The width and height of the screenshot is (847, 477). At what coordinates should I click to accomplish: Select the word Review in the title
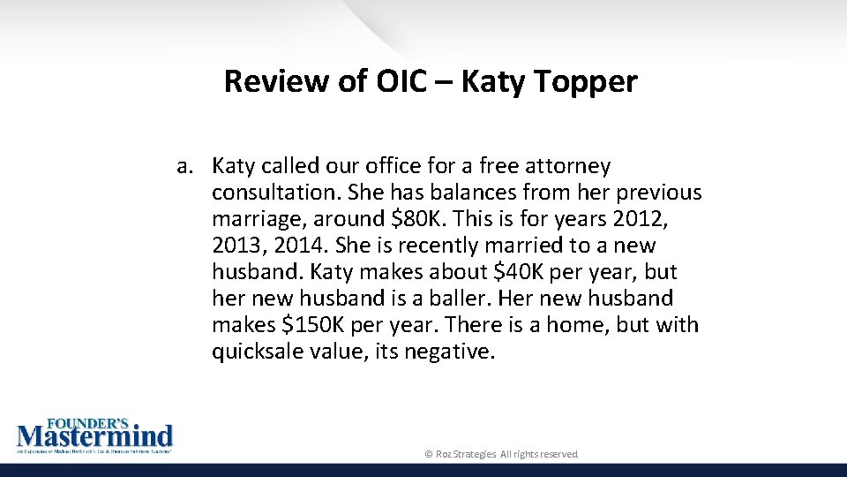(x=275, y=81)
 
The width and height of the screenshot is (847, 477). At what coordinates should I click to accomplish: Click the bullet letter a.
(x=184, y=166)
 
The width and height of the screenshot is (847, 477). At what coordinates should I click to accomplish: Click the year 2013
(x=237, y=246)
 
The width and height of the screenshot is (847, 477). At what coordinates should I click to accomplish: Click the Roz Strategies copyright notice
(x=501, y=454)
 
